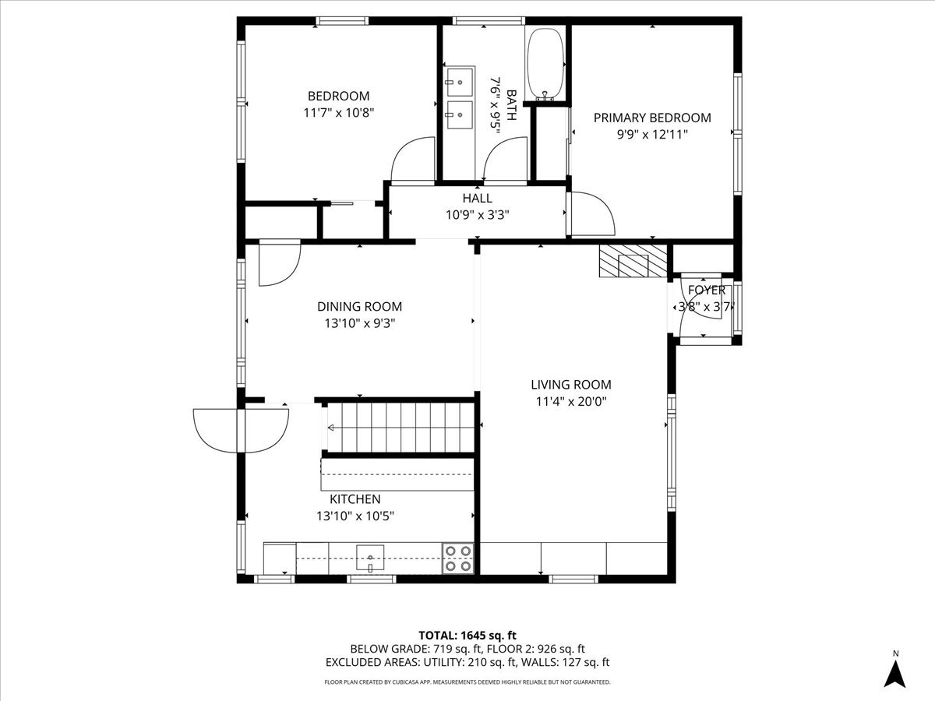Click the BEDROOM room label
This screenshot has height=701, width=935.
(338, 96)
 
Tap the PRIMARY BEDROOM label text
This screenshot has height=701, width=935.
(652, 118)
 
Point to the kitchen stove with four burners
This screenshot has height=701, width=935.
(458, 558)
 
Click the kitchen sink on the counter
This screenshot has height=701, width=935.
(371, 558)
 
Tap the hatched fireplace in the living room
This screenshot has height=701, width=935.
(633, 262)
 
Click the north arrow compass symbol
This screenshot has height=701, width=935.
(896, 671)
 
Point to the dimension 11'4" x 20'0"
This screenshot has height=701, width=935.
(570, 402)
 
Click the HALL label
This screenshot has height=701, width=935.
(477, 199)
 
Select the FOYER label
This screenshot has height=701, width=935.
(706, 290)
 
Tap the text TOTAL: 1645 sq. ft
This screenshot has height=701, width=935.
(467, 634)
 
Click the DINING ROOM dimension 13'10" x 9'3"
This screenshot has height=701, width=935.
(359, 323)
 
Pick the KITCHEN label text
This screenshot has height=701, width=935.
(355, 499)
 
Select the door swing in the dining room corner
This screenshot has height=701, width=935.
(277, 263)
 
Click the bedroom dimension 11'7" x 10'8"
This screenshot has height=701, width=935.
(338, 112)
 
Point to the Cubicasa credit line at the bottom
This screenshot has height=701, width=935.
(467, 682)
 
